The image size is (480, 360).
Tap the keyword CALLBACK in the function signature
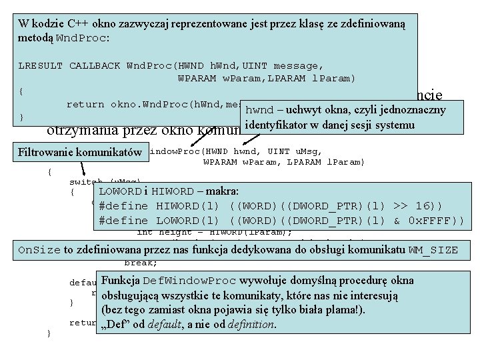coord(95,65)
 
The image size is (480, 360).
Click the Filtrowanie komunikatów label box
coord(81,152)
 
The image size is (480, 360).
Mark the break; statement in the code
coord(140,262)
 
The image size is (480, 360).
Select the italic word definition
coord(253,325)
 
